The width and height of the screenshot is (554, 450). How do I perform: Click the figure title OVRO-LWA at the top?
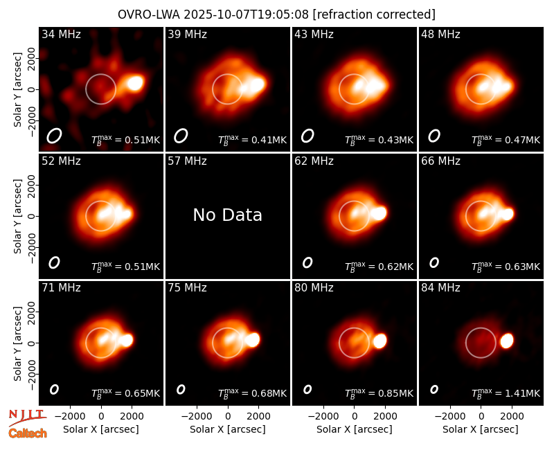tap(148, 15)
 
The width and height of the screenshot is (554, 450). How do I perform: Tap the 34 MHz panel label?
tap(61, 34)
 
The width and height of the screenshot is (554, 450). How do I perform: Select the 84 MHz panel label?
tap(440, 288)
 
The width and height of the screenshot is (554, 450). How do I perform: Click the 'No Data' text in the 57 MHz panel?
tap(228, 215)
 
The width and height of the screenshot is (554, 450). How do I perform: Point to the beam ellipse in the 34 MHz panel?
tap(55, 136)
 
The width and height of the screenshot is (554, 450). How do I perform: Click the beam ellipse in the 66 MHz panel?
tap(434, 262)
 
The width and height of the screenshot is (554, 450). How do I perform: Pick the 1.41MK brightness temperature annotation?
tap(506, 393)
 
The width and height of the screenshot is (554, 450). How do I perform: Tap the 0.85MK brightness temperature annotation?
tap(379, 393)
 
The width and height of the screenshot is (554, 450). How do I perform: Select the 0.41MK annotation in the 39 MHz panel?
tap(252, 140)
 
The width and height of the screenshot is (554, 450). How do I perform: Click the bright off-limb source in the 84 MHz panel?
tap(507, 341)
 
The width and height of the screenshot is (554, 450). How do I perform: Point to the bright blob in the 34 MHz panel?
tap(135, 83)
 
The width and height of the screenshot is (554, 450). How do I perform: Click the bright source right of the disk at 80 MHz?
tap(379, 341)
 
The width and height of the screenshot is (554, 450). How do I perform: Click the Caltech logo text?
tap(28, 433)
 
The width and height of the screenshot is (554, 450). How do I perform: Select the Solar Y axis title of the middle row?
tap(17, 216)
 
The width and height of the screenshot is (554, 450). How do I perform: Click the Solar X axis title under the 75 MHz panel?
tap(228, 429)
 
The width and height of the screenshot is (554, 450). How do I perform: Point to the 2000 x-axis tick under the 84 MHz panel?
tap(512, 416)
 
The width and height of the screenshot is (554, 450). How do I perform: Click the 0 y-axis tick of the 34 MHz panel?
tap(32, 89)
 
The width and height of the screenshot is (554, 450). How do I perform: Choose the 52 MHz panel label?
tap(61, 161)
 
